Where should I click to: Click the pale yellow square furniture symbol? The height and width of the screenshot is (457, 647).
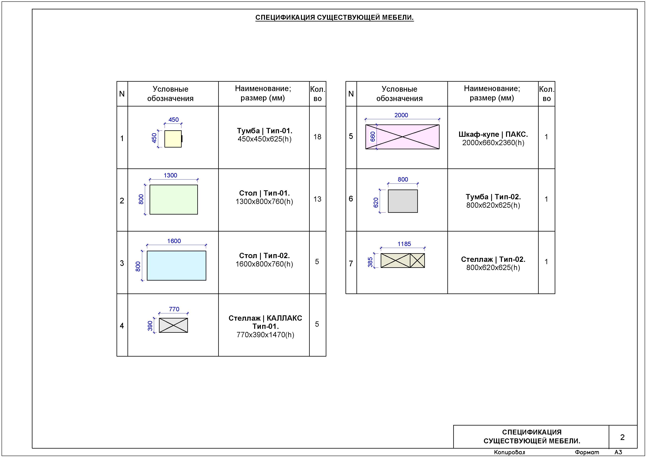click(173, 139)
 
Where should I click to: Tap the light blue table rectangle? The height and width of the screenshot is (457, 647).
click(176, 266)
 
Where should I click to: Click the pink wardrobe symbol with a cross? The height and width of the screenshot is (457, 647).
click(402, 137)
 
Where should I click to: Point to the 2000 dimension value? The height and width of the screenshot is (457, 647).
click(401, 115)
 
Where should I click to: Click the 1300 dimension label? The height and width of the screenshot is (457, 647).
click(170, 175)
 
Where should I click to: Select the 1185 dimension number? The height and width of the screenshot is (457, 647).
click(404, 244)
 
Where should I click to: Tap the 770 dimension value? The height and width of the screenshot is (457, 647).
click(174, 309)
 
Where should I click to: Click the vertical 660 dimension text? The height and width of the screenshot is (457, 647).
click(373, 137)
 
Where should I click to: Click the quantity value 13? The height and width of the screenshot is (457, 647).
click(317, 199)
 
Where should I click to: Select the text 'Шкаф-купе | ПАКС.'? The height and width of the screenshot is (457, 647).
click(493, 134)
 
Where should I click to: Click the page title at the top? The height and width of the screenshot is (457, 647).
click(335, 17)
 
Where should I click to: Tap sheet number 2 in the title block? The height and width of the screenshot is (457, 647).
click(623, 437)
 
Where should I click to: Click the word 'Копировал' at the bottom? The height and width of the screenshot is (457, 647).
click(510, 453)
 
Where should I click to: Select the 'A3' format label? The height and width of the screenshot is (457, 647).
click(618, 452)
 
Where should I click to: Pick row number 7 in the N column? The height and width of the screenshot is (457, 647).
click(351, 264)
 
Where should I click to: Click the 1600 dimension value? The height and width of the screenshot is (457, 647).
click(174, 241)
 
